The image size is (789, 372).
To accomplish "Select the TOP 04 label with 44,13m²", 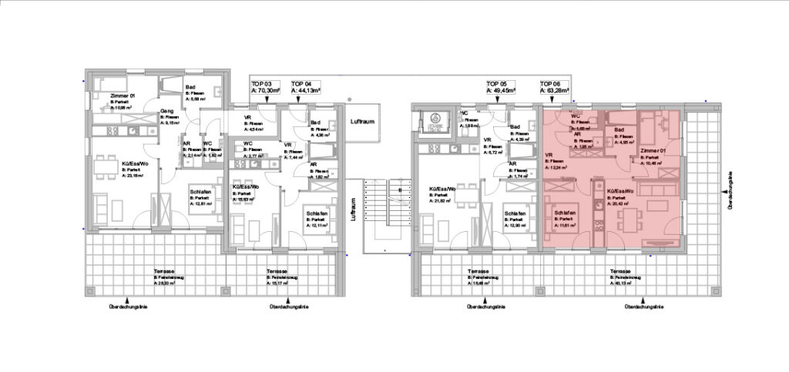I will tap(306, 86).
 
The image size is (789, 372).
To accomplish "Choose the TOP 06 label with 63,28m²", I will tap(554, 86).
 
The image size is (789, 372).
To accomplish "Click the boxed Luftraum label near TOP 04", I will tap(361, 123).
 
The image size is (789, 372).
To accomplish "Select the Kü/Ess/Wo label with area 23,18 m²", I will tap(114, 169).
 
